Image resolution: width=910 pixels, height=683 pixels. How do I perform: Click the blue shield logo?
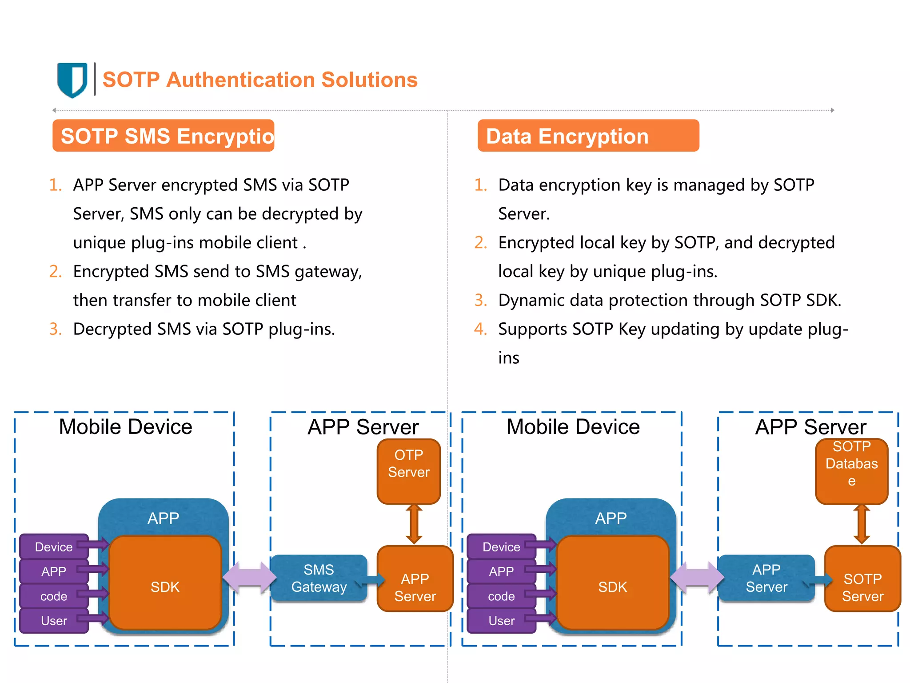(72, 80)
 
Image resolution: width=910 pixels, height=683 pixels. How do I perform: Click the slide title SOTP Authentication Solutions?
(260, 80)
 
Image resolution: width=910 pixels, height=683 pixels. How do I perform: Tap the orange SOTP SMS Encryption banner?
(164, 136)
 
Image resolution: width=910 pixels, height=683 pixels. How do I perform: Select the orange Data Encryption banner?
(588, 136)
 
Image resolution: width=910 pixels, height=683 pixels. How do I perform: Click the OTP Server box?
(408, 471)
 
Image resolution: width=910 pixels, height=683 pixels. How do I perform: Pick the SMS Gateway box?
(319, 578)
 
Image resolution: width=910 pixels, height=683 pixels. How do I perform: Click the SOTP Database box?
(851, 471)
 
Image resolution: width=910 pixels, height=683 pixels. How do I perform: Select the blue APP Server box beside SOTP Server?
(766, 578)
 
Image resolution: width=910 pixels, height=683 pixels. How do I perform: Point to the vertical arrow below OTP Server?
(414, 524)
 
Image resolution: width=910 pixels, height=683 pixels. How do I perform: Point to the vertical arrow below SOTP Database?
(862, 524)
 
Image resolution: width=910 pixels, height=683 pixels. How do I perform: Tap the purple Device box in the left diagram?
(54, 546)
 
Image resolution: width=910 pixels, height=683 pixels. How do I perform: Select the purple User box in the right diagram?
(501, 620)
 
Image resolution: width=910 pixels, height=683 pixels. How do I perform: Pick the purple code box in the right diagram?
(501, 596)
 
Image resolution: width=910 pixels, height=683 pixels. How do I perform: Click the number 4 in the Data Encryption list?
(480, 329)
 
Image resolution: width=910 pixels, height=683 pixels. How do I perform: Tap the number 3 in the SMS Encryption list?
(55, 329)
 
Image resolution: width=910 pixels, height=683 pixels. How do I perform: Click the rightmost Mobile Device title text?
(573, 427)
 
